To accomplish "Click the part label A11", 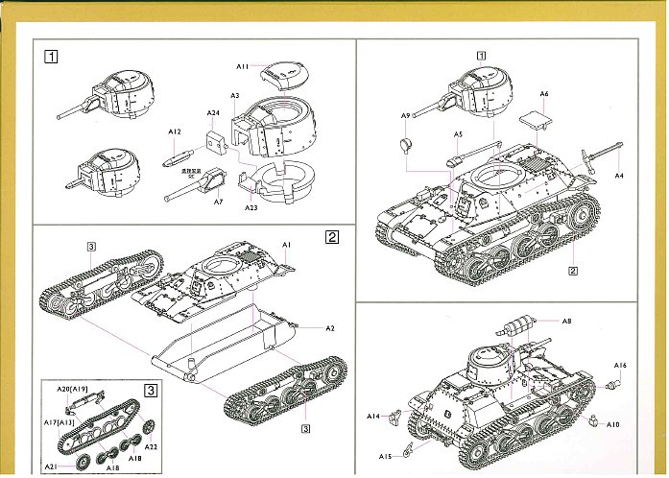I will [x=243, y=65].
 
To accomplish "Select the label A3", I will [x=235, y=96].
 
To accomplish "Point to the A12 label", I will [x=174, y=131].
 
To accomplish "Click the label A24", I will [x=213, y=113].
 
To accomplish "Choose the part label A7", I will [x=218, y=202].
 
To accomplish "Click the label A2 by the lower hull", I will [x=329, y=328].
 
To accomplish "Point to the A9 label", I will [x=406, y=115].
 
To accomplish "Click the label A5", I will [x=459, y=134].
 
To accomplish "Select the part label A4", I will [x=619, y=176].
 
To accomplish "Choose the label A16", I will [x=620, y=366].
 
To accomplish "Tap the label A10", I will [x=614, y=424].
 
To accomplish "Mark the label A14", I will [x=373, y=416].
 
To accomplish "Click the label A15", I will [x=386, y=456].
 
